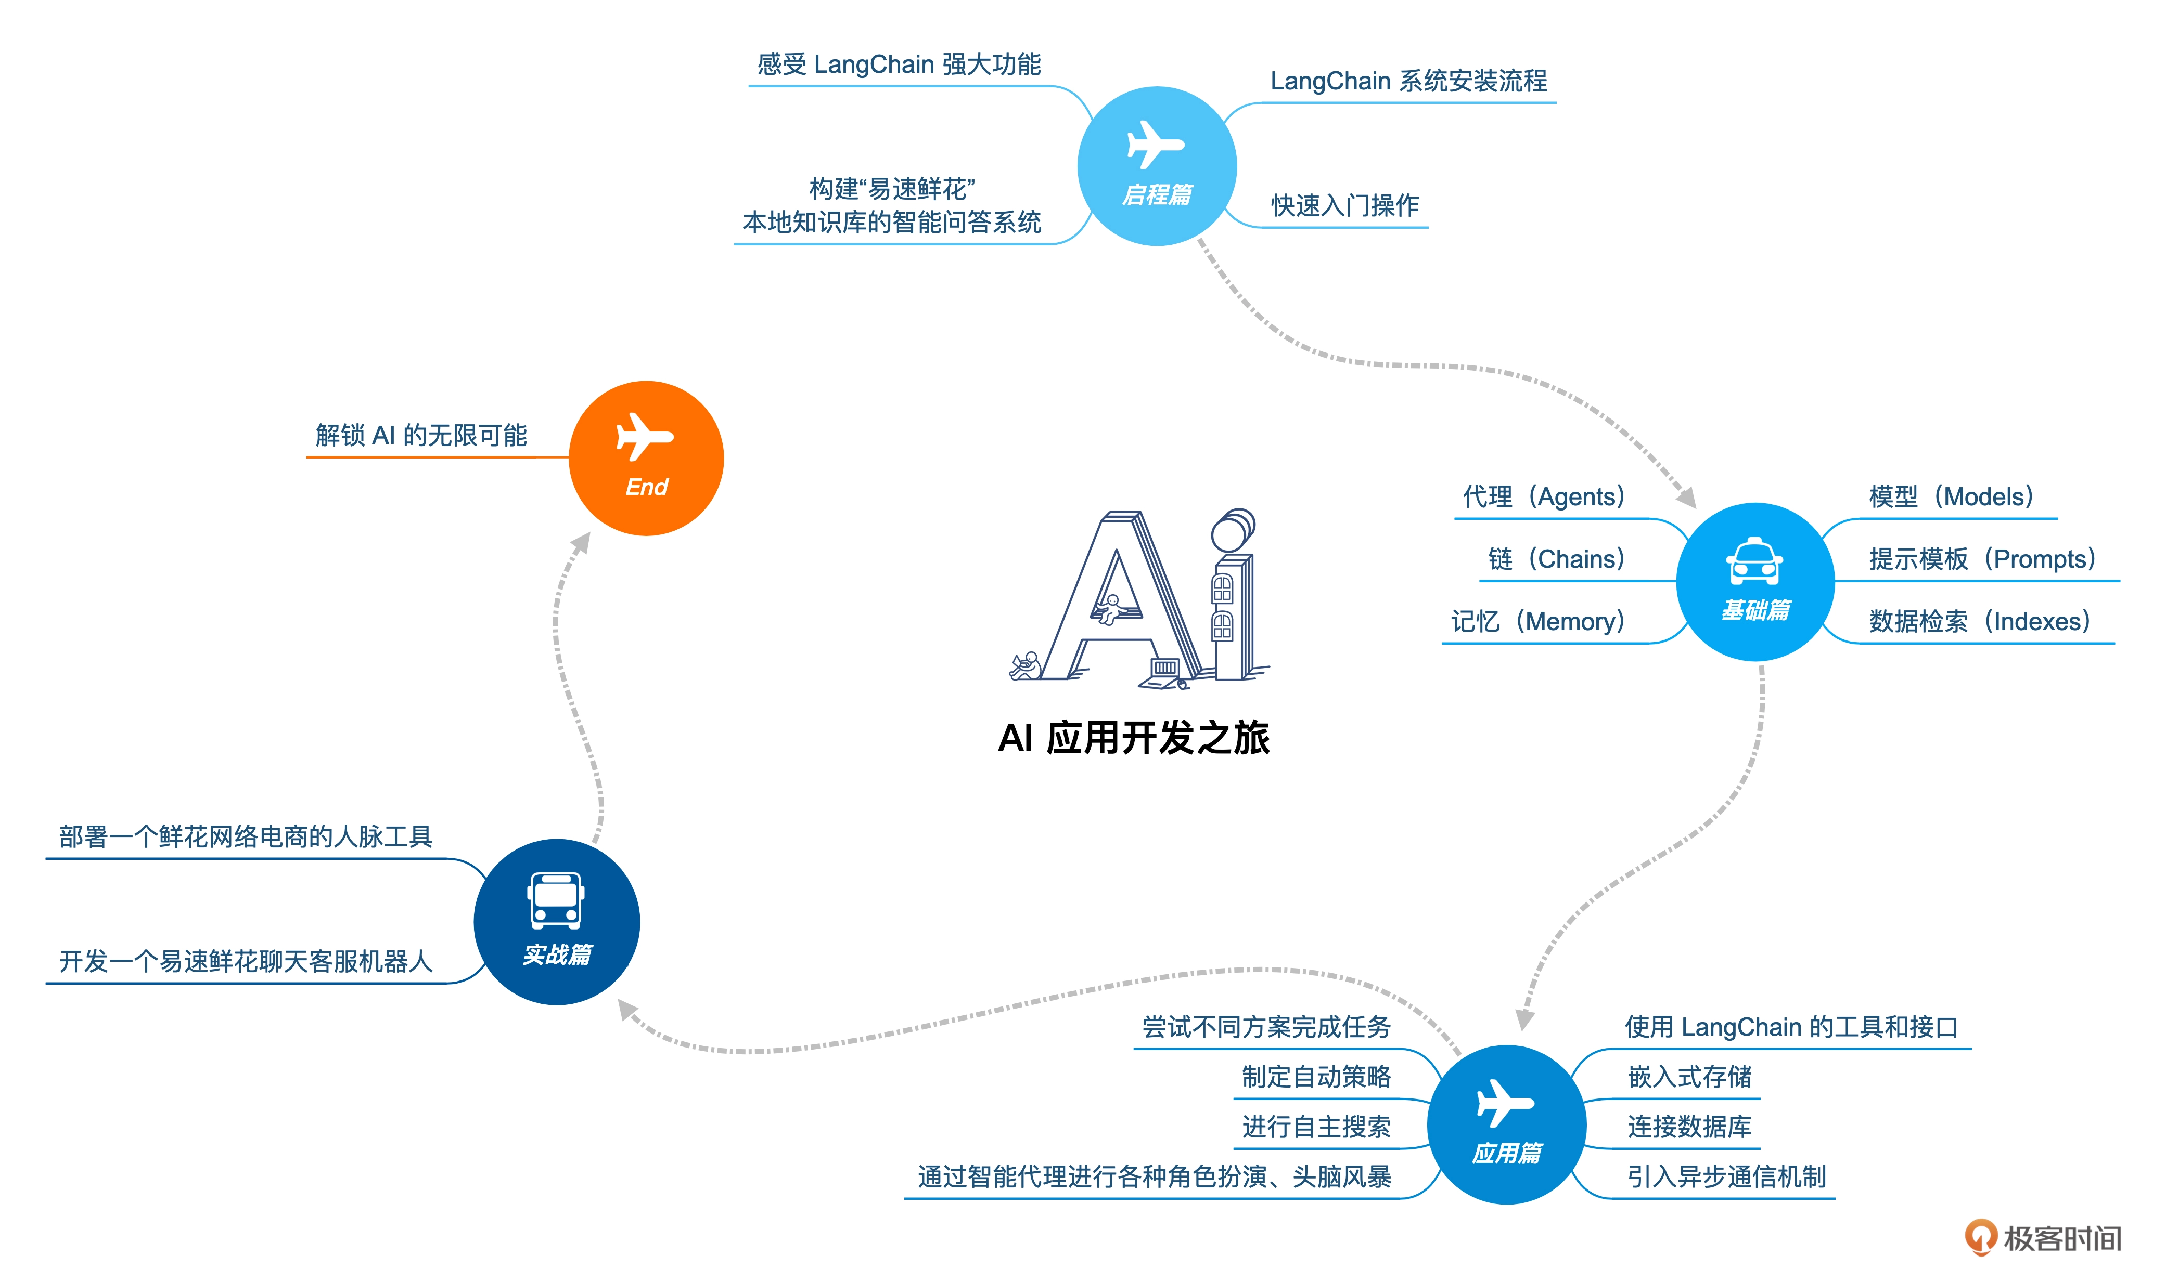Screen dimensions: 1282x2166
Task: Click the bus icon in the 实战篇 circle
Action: (556, 900)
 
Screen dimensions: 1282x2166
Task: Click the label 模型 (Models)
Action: (1950, 496)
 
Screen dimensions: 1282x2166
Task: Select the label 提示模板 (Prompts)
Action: (1981, 559)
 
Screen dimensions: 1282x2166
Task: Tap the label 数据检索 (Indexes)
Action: (1979, 621)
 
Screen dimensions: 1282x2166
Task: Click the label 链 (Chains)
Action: (1556, 559)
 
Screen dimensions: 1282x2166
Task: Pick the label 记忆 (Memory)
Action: (1537, 621)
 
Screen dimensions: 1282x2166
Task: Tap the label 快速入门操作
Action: (1345, 205)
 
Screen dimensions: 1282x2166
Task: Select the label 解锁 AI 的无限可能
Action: (421, 436)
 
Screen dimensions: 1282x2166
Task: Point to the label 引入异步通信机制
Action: (1726, 1176)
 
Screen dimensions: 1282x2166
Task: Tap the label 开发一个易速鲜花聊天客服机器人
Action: (246, 962)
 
